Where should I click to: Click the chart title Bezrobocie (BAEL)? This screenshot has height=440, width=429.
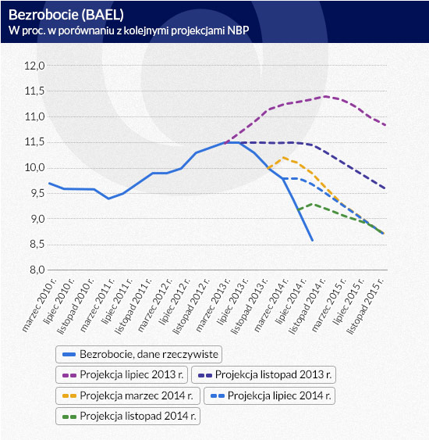coord(66,15)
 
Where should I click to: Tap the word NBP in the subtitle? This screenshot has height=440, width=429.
coord(238,30)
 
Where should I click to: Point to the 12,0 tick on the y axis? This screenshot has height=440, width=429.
coord(35,66)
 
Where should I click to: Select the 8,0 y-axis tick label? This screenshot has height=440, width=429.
coord(37,270)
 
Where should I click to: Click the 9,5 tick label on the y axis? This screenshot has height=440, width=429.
coord(37,193)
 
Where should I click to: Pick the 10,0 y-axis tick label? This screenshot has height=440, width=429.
coord(35,168)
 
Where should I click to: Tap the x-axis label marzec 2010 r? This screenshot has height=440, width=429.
coord(39,305)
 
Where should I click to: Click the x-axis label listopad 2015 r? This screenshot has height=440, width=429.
coord(365,306)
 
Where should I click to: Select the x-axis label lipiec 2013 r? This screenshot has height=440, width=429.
coord(232,302)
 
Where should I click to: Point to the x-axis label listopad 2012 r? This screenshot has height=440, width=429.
coord(191,306)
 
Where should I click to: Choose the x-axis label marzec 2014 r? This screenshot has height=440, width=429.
coord(271,305)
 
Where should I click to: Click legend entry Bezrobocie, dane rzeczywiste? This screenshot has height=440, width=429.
coord(139,354)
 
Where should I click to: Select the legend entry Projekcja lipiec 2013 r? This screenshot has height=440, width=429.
coord(122,374)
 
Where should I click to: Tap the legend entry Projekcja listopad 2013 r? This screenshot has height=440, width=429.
coord(264,374)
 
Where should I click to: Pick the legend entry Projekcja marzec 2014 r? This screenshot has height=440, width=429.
coord(128,395)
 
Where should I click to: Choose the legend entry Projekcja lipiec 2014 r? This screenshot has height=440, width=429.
coord(269,395)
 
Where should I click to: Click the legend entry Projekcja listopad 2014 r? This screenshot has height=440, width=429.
coord(128,416)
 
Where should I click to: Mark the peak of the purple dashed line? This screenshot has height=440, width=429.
coord(324,97)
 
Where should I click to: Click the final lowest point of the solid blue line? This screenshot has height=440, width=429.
coord(312,240)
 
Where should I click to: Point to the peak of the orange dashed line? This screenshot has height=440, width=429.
coord(283,158)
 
